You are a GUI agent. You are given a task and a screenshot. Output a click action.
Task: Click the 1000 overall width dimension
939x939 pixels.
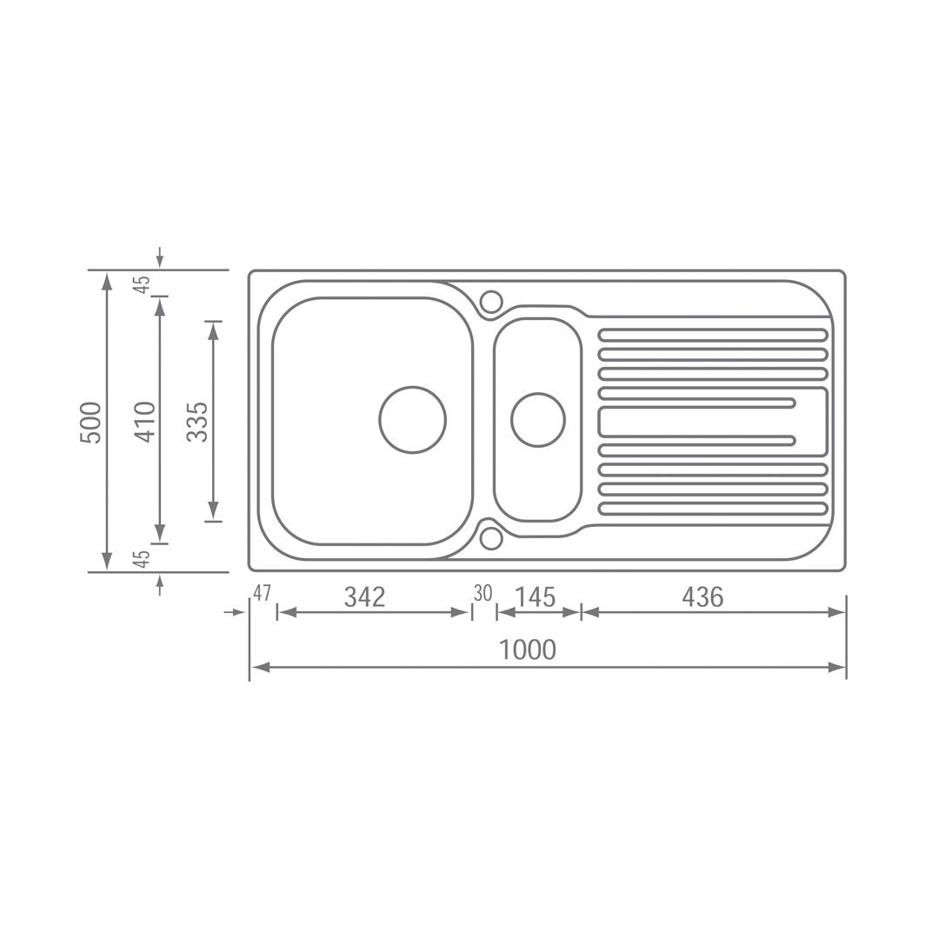pos(528,649)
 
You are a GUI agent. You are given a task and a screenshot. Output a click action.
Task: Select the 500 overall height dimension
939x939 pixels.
pos(91,423)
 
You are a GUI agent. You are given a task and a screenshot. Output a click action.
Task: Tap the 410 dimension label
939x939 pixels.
pos(145,423)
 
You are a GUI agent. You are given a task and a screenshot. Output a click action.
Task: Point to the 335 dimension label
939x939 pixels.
pos(197,422)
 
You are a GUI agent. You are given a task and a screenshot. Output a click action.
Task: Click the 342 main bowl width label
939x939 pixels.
pos(364,597)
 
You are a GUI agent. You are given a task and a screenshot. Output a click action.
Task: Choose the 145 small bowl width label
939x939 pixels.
pos(536,597)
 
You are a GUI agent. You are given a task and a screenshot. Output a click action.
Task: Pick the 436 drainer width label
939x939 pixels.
pos(703,597)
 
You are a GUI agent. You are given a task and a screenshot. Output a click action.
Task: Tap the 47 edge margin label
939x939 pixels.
pos(263,593)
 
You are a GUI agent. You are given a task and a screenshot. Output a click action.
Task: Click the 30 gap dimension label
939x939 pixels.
pos(483,593)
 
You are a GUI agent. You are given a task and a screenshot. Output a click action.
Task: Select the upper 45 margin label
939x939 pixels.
pos(142,284)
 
